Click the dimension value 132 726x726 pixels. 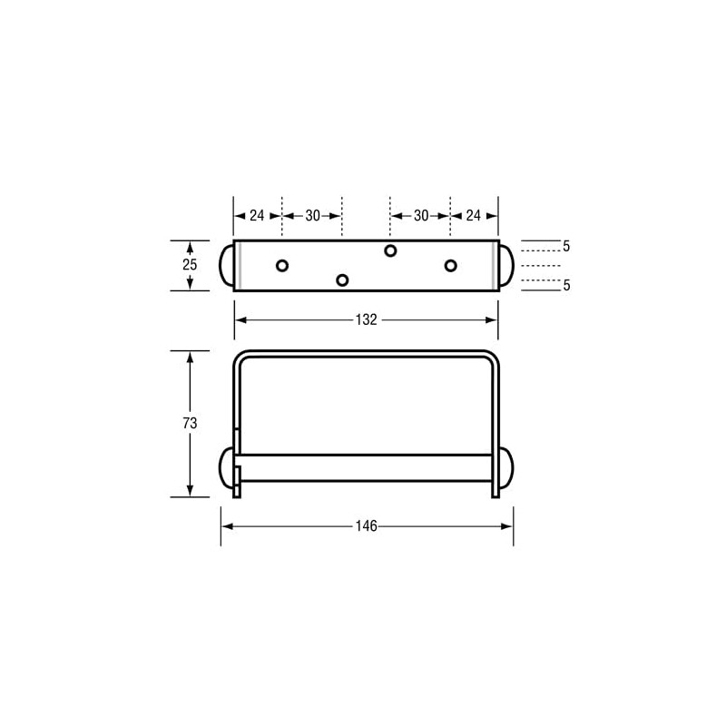tap(366, 319)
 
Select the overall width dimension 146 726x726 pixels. tap(367, 526)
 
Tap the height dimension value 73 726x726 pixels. tap(189, 423)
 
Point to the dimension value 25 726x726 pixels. tap(189, 265)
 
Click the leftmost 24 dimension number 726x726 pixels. tap(257, 216)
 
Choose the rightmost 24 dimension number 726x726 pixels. tap(474, 216)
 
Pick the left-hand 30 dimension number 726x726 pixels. tap(312, 216)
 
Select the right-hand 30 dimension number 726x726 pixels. tap(421, 216)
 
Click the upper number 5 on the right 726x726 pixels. tap(566, 246)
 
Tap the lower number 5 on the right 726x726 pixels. tap(566, 285)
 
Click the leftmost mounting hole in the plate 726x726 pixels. tap(282, 265)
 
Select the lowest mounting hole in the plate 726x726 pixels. tap(342, 280)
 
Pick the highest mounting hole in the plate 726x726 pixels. tap(390, 250)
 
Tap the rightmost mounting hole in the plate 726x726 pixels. tap(450, 265)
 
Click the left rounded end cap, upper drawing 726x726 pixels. tap(226, 265)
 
